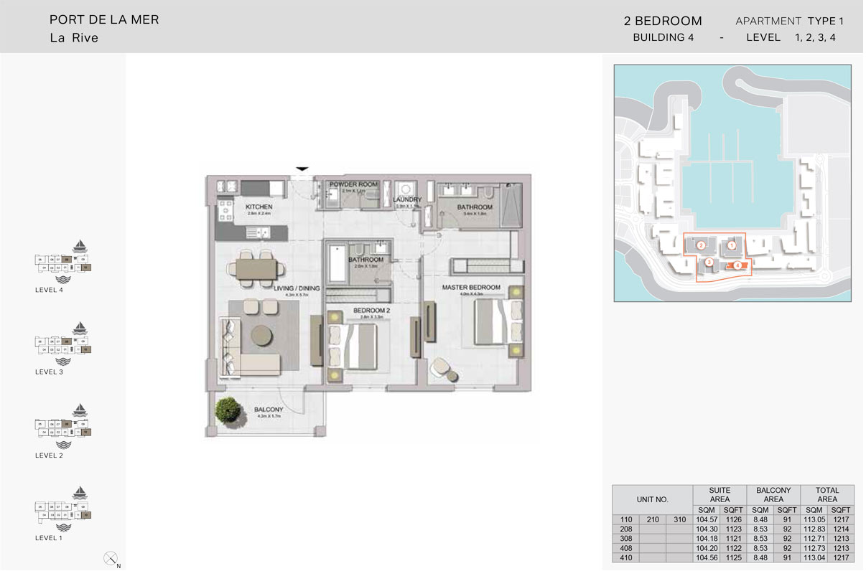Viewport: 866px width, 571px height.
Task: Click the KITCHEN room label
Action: coord(259,207)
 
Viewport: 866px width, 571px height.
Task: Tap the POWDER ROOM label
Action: coord(353,184)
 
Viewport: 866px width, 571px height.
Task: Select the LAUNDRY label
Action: coord(407,200)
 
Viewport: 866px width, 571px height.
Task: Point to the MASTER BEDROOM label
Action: coord(470,288)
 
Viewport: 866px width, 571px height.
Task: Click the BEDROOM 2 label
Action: coord(371,311)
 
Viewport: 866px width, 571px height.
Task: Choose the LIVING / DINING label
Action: coord(296,288)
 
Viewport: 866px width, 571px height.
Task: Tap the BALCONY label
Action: coord(269,410)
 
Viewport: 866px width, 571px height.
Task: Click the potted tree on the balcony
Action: coord(228,410)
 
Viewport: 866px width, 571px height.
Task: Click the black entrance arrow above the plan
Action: coord(302,169)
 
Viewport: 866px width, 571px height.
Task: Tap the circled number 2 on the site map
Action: coord(701,245)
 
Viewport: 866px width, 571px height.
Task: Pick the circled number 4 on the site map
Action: coord(737,265)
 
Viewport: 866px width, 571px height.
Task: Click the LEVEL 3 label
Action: coord(50,372)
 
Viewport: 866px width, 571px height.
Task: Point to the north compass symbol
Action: coord(111,557)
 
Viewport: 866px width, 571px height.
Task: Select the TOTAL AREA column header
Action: coord(827,495)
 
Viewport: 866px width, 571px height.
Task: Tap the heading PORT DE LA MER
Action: coord(104,20)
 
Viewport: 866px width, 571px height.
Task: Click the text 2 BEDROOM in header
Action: coord(663,22)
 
